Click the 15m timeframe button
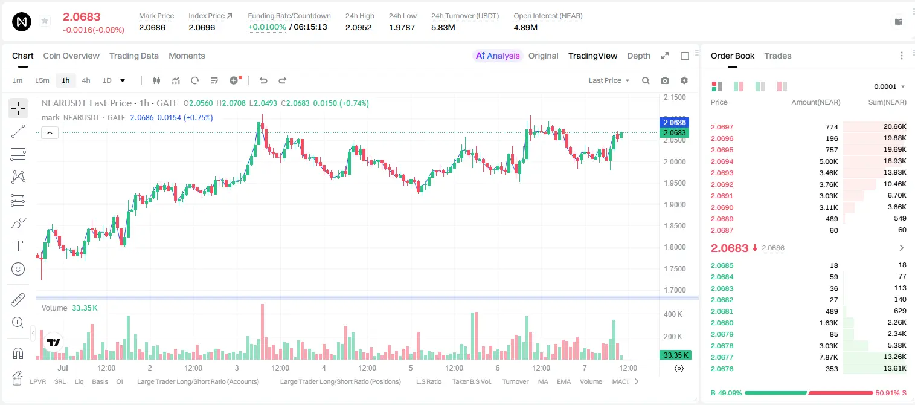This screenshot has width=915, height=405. point(42,80)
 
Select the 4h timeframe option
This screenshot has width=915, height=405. point(86,80)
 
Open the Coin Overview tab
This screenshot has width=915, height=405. point(71,56)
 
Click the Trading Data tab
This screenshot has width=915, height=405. point(133,56)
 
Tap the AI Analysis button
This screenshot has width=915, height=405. point(498,56)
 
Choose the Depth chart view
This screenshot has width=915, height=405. point(638,56)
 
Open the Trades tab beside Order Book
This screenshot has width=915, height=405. point(778,56)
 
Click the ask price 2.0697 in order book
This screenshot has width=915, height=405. point(722,127)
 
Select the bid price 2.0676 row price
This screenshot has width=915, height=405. point(722,369)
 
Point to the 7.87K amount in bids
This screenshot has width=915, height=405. point(829,357)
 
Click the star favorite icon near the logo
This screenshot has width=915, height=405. point(45,21)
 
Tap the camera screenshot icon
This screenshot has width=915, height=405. point(665,80)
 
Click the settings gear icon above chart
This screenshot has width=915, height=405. point(684,80)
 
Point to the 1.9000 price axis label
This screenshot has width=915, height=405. point(675,204)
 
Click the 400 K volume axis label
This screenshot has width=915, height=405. point(673,314)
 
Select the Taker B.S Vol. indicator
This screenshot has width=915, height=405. point(471,381)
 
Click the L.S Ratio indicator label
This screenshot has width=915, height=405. point(428,381)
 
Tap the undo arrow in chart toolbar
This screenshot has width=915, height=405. point(263,80)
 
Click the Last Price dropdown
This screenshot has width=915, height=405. point(609,80)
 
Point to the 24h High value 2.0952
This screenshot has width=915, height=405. point(358,27)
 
